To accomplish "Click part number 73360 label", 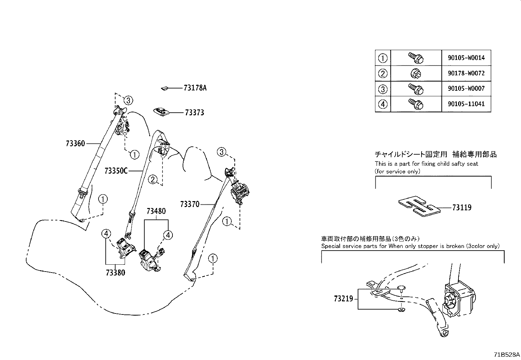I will [x=75, y=143].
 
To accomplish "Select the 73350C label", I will [x=116, y=171].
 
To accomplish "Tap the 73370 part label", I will [x=189, y=204].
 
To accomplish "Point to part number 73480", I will [x=156, y=211].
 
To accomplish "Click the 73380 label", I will [x=115, y=273].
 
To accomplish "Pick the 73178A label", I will [x=195, y=88].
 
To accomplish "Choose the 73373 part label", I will [x=194, y=113].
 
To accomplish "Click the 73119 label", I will [x=462, y=208].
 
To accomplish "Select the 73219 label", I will [x=344, y=299].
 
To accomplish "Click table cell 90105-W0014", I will [x=466, y=58].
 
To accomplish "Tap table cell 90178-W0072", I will [x=466, y=73].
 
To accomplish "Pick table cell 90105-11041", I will [x=466, y=104].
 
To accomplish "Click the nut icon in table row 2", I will [x=416, y=74].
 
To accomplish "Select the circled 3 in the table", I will [x=383, y=89].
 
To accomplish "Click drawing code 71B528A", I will [x=507, y=355].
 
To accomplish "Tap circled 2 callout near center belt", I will [x=153, y=180].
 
